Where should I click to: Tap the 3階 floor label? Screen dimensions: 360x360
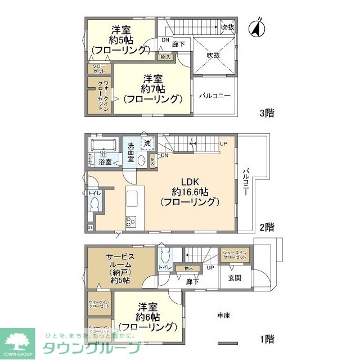click(267, 113)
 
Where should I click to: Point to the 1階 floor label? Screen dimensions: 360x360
click(267, 339)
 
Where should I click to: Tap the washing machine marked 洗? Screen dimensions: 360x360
click(147, 143)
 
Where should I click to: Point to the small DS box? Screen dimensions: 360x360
click(90, 228)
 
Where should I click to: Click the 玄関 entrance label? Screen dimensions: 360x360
click(235, 277)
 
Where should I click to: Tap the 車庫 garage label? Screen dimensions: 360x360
click(224, 315)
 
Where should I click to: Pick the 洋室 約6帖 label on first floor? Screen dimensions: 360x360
click(148, 316)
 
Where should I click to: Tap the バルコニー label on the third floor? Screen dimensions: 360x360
click(215, 96)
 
